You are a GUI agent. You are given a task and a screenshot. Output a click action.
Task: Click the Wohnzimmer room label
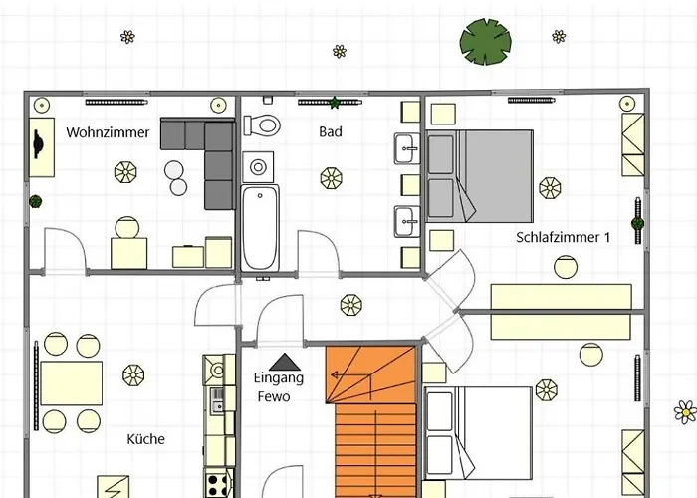(x=108, y=132)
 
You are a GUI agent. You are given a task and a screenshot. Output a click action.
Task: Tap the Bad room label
(x=331, y=132)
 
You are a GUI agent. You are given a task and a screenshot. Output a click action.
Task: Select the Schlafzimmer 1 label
(x=564, y=237)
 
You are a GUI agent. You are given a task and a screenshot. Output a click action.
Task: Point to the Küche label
(x=145, y=439)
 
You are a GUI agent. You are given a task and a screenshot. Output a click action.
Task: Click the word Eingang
(x=279, y=378)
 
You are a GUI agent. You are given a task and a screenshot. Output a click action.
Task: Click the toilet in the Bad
(x=262, y=124)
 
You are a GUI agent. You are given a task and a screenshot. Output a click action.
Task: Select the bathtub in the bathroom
(x=260, y=228)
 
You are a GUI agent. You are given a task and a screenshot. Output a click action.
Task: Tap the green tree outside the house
(x=486, y=42)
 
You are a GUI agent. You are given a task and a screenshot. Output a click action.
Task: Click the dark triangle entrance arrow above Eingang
(x=285, y=363)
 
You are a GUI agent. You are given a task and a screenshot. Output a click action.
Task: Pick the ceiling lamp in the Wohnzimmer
(x=125, y=172)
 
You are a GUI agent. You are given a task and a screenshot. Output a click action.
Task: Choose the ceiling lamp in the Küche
(x=133, y=375)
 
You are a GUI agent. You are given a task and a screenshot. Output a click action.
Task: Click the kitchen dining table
(x=71, y=382)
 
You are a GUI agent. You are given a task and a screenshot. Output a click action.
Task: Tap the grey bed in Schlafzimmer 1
(x=480, y=176)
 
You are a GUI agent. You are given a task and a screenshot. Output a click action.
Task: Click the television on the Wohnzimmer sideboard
(x=38, y=144)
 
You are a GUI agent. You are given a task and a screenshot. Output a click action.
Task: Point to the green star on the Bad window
(x=335, y=103)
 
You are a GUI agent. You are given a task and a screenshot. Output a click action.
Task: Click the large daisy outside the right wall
(x=686, y=412)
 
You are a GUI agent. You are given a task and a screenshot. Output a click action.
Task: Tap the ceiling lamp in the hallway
(x=351, y=305)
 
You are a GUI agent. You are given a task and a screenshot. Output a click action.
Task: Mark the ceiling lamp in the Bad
(x=332, y=178)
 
